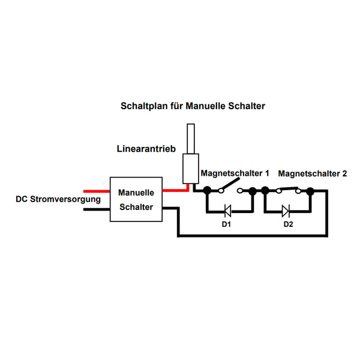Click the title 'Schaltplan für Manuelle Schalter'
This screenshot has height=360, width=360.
193,106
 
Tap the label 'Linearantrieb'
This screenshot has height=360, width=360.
146,149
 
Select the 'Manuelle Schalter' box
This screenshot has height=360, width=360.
136,199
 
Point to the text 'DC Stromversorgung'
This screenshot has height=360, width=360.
58,199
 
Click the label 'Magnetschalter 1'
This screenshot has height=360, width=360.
235,173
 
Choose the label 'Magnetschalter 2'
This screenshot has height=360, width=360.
313,173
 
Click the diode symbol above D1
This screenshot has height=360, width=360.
227,211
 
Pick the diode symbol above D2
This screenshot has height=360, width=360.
286,211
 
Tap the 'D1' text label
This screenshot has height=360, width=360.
226,224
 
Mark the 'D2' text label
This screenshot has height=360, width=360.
289,224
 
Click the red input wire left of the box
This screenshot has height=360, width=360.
97,191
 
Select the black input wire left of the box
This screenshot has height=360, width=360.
97,209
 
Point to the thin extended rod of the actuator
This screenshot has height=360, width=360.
191,139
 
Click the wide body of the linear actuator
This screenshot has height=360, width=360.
191,169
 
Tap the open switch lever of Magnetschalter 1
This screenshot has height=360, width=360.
230,184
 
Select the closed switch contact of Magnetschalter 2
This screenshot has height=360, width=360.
289,189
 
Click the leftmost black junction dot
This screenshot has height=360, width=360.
208,190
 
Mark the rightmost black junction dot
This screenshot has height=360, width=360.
310,191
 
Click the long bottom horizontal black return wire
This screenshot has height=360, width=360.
253,236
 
